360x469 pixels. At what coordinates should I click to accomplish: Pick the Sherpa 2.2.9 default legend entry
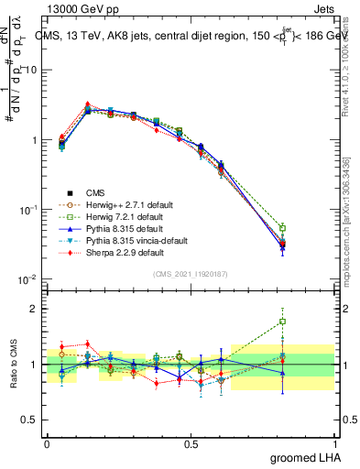click(125, 252)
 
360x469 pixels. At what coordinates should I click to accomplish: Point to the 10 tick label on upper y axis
click(29, 71)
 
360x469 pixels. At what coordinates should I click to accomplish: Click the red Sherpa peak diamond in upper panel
click(87, 104)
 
